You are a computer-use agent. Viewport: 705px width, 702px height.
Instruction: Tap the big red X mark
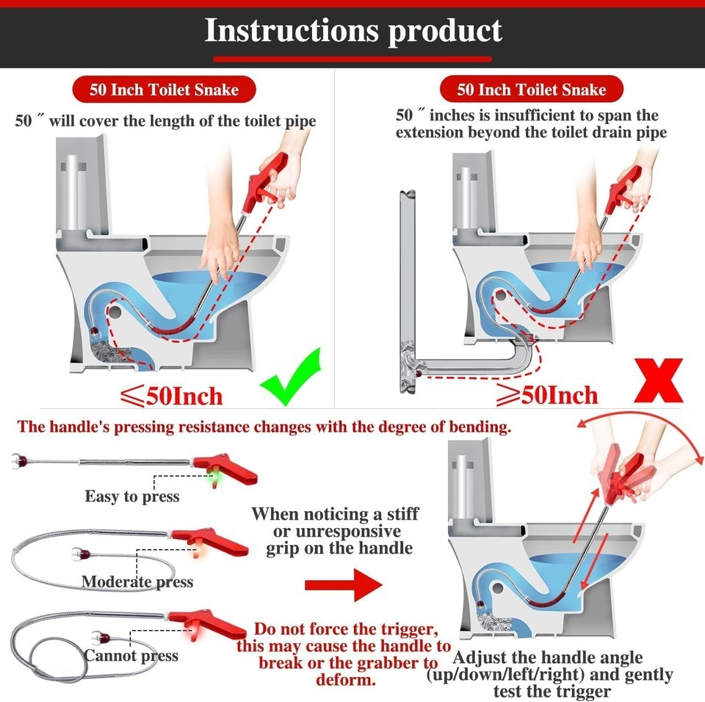click(x=659, y=380)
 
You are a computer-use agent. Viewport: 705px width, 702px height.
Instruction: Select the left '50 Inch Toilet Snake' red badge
click(x=164, y=90)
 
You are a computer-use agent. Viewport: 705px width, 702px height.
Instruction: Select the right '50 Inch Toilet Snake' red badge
click(x=532, y=89)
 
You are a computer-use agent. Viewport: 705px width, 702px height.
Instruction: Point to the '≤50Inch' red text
click(x=172, y=397)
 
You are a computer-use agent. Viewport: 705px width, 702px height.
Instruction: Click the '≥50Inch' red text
click(x=547, y=395)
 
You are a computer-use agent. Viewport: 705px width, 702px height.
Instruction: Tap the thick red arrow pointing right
click(x=344, y=585)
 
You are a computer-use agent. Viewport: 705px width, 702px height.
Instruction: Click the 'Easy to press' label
click(x=132, y=496)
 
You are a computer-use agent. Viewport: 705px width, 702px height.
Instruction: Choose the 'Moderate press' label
click(x=137, y=582)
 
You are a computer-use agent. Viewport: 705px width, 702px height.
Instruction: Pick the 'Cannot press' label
click(x=131, y=656)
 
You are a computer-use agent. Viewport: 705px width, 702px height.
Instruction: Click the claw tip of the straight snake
click(x=18, y=461)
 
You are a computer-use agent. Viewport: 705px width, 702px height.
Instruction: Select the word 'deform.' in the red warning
click(x=346, y=680)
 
